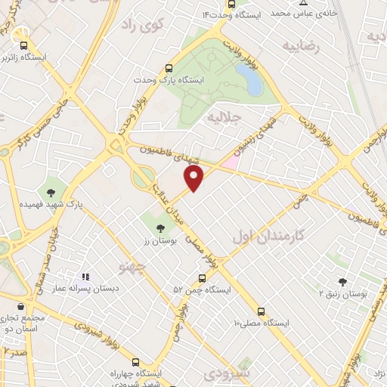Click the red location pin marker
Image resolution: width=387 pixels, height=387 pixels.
pyautogui.click(x=194, y=178)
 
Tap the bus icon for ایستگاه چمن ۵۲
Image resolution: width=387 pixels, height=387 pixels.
pyautogui.click(x=200, y=278)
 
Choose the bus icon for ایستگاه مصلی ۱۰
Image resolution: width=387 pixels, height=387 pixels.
pyautogui.click(x=262, y=311)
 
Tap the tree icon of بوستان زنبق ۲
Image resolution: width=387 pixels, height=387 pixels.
pyautogui.click(x=342, y=282)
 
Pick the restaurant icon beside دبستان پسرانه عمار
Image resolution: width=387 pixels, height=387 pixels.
pyautogui.click(x=85, y=277)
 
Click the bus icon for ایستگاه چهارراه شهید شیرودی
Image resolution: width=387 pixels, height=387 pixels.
pyautogui.click(x=136, y=361)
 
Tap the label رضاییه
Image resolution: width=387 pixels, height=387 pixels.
pyautogui.click(x=301, y=46)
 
